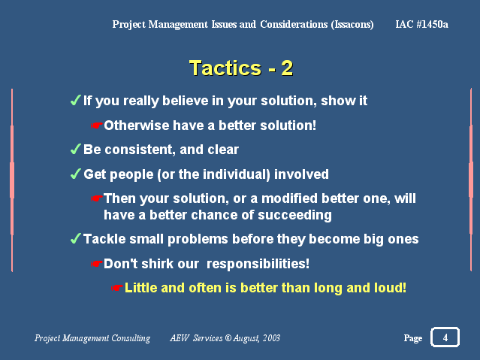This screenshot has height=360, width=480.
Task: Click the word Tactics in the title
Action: (225, 68)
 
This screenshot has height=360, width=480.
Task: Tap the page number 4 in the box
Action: (445, 337)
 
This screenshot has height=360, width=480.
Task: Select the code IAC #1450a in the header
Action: (421, 24)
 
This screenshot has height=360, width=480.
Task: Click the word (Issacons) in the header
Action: (352, 25)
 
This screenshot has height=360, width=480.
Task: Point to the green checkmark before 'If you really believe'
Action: (75, 100)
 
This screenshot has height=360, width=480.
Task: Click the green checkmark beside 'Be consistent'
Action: (75, 149)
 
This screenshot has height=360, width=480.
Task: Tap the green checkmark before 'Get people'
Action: (75, 174)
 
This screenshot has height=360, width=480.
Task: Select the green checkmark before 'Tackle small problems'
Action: (75, 238)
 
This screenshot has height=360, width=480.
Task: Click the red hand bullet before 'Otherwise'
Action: (96, 126)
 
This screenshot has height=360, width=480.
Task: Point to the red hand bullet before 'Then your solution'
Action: (96, 198)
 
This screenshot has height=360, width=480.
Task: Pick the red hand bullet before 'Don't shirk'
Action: (96, 264)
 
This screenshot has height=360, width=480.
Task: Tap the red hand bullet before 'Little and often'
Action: (117, 288)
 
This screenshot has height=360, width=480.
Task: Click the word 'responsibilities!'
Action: (258, 264)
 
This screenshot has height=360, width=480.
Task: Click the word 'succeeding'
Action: (294, 216)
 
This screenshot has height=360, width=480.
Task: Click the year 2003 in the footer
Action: (271, 338)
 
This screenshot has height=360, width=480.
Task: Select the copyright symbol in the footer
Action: (228, 338)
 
